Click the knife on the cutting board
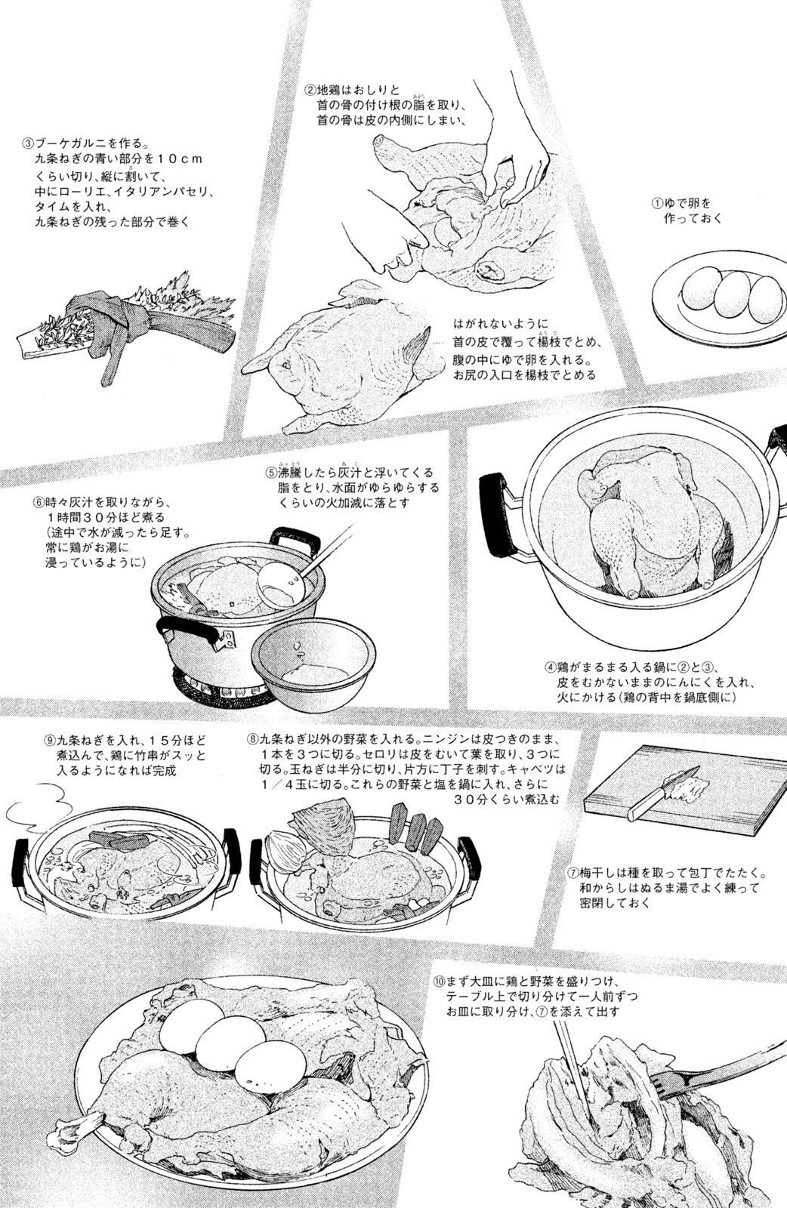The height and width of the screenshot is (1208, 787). (665, 791)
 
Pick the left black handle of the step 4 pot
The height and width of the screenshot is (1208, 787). (495, 516)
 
